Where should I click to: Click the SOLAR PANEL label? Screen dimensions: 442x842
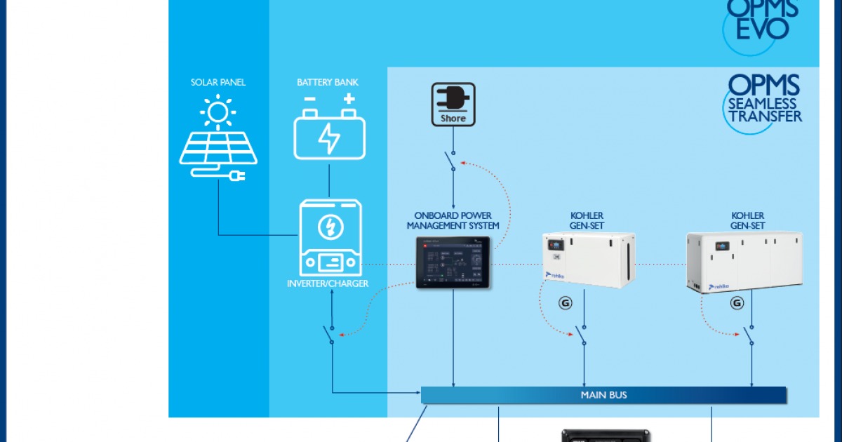[x=218, y=82]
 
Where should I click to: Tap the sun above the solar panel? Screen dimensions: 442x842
[x=218, y=112]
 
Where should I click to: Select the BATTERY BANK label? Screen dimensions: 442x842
[x=328, y=82]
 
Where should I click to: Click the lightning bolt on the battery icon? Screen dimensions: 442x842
[x=329, y=138]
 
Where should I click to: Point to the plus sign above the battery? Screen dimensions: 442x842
[x=349, y=99]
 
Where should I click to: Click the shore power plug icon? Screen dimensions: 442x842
[x=453, y=98]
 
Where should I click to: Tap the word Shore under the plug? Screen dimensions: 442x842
[x=453, y=119]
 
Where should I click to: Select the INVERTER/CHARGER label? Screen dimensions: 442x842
[x=328, y=283]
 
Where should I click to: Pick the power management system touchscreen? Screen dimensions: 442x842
[x=453, y=262]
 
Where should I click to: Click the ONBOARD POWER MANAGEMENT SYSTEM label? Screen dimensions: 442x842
[x=453, y=220]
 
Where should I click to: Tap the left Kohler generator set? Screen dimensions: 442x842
[x=589, y=260]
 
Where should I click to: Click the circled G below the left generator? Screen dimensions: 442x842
[x=565, y=304]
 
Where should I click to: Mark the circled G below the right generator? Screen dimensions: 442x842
[x=737, y=304]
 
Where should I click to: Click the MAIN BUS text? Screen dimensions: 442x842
[x=603, y=395]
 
